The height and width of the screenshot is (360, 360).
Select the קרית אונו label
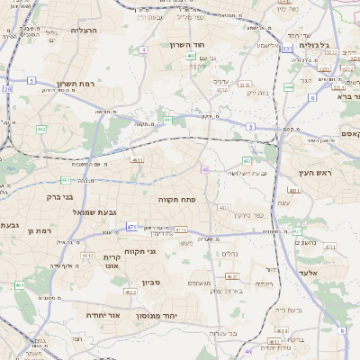106,260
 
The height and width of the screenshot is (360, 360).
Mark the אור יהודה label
105,316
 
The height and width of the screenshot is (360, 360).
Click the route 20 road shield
8,90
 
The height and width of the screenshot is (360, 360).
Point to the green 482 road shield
41,129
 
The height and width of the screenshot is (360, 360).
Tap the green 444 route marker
289,87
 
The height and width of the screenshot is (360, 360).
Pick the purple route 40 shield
205,169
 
